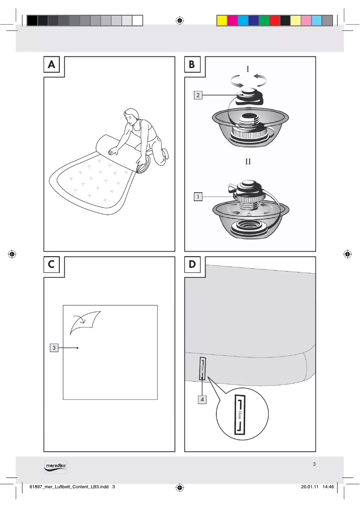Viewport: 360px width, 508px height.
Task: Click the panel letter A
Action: coord(53,65)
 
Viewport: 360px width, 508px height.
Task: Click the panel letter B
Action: coord(192,65)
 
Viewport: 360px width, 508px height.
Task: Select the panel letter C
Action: coord(53,265)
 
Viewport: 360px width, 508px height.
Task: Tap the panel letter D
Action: coord(192,265)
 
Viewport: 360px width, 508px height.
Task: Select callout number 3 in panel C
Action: coord(53,348)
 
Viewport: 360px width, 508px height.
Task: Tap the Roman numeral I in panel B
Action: coord(248,69)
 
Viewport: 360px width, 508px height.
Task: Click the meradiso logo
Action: coord(56,466)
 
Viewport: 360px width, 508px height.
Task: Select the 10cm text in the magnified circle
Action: coord(241,415)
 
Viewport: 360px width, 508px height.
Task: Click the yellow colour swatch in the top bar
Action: coord(222,21)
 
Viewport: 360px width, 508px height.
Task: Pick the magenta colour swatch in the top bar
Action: coord(233,21)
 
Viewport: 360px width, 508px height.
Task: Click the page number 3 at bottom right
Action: coord(314,464)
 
